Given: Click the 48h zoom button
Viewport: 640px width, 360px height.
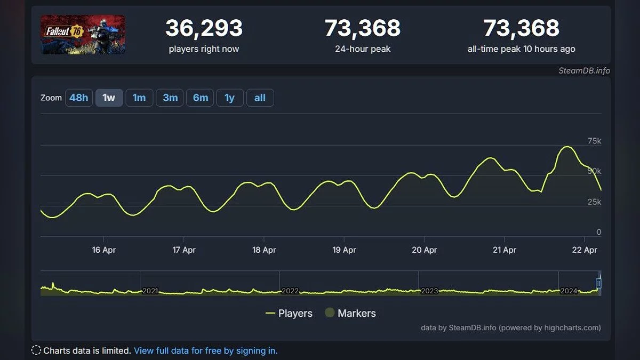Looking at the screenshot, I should point(78,98).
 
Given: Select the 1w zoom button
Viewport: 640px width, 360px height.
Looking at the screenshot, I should point(109,98).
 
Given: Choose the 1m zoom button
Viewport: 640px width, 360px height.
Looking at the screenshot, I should point(139,98).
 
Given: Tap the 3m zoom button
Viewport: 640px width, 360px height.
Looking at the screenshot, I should point(170,98).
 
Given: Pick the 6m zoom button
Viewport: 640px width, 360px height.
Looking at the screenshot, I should point(201,98).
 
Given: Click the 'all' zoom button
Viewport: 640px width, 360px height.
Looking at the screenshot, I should point(260,98).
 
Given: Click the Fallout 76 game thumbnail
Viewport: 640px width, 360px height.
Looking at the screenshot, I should point(83,35).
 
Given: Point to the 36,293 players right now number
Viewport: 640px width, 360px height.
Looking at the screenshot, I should point(204,28).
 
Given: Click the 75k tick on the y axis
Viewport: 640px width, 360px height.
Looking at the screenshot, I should point(594,141).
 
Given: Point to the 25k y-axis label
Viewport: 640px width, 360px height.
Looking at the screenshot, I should point(594,202).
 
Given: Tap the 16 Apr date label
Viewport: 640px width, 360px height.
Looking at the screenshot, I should point(104,250).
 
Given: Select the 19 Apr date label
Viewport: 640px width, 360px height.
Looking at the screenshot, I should point(344,250).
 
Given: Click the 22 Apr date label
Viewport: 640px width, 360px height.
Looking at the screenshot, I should point(584,250).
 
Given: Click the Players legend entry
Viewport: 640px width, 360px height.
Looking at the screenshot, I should point(289,313).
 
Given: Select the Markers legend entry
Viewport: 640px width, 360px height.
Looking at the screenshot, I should point(350,313).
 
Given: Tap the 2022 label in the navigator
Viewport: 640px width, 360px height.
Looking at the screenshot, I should point(290,291).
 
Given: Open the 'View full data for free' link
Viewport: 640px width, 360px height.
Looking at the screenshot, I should point(205,350).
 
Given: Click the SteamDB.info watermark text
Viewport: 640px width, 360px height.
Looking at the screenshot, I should point(584,70).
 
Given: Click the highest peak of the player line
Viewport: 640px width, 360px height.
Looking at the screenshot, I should point(567,147).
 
